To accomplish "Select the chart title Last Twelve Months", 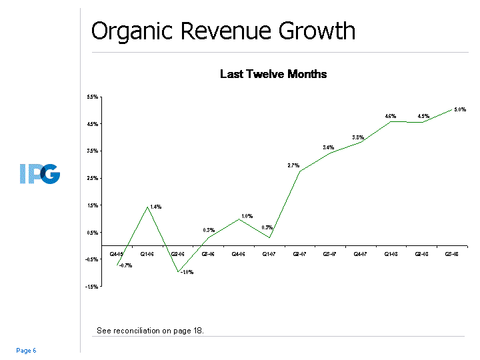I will [x=273, y=74].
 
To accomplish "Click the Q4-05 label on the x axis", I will [x=117, y=254].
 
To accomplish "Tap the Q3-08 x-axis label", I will [x=451, y=254].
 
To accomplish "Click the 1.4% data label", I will [x=155, y=207].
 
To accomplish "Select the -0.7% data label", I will [x=125, y=265].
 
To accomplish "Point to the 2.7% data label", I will [x=293, y=165].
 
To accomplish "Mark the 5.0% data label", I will [x=459, y=109].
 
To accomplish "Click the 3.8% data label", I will [x=358, y=137].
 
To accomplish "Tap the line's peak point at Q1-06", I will [x=147, y=207].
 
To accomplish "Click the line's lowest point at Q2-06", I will [x=178, y=272].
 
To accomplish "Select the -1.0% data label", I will [x=187, y=271].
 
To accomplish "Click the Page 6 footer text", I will [x=26, y=351].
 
